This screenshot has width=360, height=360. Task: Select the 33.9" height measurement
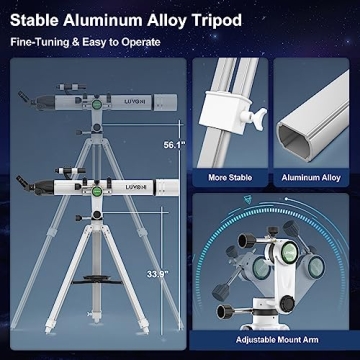[x=157, y=272]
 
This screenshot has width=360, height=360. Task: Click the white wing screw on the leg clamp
[x=258, y=119]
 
